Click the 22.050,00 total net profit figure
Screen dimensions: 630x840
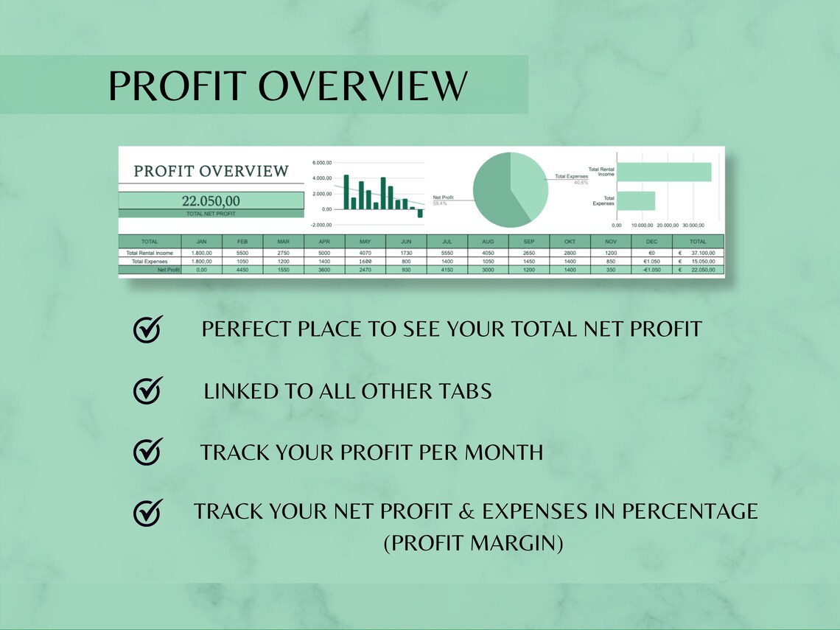(211, 200)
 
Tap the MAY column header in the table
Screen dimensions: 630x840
(365, 241)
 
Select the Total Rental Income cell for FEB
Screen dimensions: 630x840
(242, 253)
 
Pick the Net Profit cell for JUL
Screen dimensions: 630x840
(447, 270)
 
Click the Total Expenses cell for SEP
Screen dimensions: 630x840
(529, 262)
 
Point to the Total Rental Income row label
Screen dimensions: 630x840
(150, 253)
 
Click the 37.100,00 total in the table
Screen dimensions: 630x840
(701, 253)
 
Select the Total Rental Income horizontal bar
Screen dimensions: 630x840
(663, 172)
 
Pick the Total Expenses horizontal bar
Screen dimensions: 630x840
(635, 200)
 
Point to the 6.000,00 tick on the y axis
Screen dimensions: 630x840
(322, 163)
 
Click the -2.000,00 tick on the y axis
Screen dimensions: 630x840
(321, 224)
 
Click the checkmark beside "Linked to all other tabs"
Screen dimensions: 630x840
(147, 391)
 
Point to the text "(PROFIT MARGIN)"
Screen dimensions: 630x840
(473, 544)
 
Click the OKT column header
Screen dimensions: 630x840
(570, 241)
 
